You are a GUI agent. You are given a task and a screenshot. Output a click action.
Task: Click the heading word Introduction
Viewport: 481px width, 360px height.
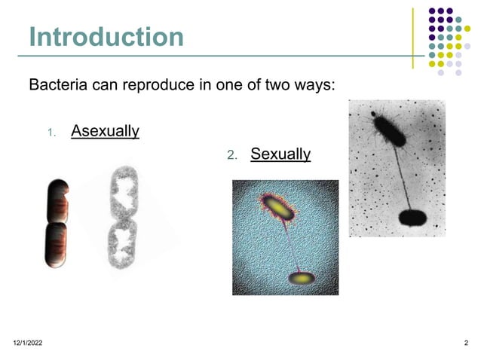[106, 36]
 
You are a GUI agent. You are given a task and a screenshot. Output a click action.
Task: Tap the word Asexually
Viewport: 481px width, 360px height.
[105, 132]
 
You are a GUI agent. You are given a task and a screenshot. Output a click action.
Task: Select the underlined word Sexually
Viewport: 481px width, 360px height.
[280, 154]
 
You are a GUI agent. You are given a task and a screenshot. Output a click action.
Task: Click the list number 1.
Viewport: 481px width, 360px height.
[50, 133]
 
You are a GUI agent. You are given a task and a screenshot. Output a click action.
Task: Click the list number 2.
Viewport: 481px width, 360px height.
[232, 156]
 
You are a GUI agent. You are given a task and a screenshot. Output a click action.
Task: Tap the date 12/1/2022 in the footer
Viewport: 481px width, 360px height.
[28, 343]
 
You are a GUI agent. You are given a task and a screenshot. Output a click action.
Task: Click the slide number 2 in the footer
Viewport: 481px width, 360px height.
[466, 343]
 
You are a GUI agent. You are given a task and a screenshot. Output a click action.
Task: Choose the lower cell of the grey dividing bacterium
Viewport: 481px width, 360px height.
[120, 245]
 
